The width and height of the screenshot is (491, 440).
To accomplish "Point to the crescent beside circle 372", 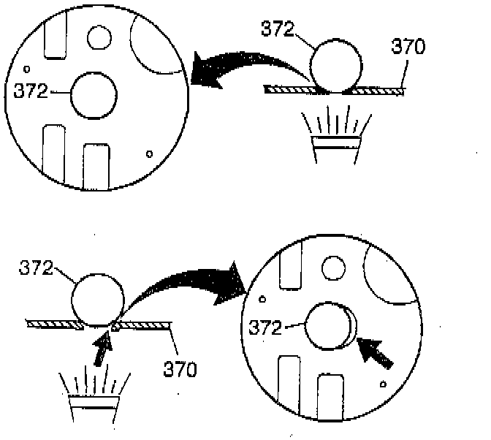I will (350, 326).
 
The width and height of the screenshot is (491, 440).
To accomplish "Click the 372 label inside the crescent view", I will (265, 328).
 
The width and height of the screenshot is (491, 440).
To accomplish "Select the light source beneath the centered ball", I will (335, 136).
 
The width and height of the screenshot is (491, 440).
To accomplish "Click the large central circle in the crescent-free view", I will (94, 95).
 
